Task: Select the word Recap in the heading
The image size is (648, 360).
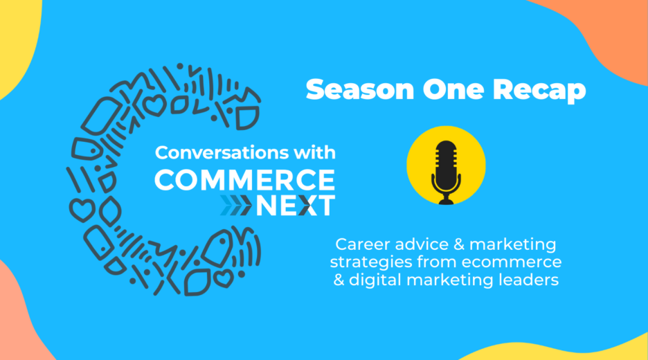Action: (x=539, y=91)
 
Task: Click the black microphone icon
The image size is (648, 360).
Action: (x=446, y=172)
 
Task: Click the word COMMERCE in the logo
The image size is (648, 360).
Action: (x=244, y=180)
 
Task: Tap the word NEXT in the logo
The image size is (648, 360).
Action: (x=296, y=206)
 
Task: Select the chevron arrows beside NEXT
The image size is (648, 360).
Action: (x=235, y=206)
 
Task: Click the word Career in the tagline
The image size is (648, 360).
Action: (x=363, y=244)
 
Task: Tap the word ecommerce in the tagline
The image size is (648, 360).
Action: (x=512, y=262)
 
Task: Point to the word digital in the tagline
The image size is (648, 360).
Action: (x=375, y=280)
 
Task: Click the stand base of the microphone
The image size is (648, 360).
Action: (x=446, y=200)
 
